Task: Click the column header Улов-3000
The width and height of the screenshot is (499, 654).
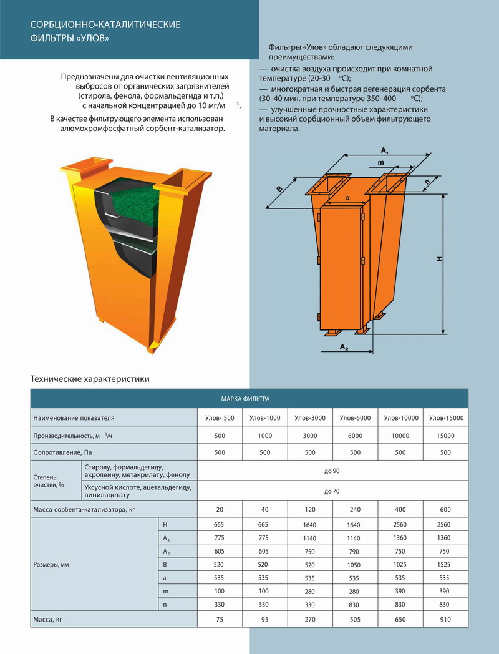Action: pyautogui.click(x=309, y=417)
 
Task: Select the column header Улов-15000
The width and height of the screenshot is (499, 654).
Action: pyautogui.click(x=445, y=417)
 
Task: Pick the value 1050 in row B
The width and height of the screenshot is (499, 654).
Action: pyautogui.click(x=355, y=564)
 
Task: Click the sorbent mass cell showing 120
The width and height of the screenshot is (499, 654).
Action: pyautogui.click(x=309, y=509)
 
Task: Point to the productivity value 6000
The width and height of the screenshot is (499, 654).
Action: pyautogui.click(x=355, y=436)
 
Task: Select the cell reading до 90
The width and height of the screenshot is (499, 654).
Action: pyautogui.click(x=332, y=471)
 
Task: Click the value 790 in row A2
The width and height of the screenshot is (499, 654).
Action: pyautogui.click(x=355, y=551)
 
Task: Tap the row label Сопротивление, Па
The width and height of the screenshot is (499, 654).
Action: pyautogui.click(x=65, y=452)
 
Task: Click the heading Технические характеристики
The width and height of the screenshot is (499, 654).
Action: pyautogui.click(x=90, y=379)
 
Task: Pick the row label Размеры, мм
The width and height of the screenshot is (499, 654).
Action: pyautogui.click(x=51, y=564)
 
